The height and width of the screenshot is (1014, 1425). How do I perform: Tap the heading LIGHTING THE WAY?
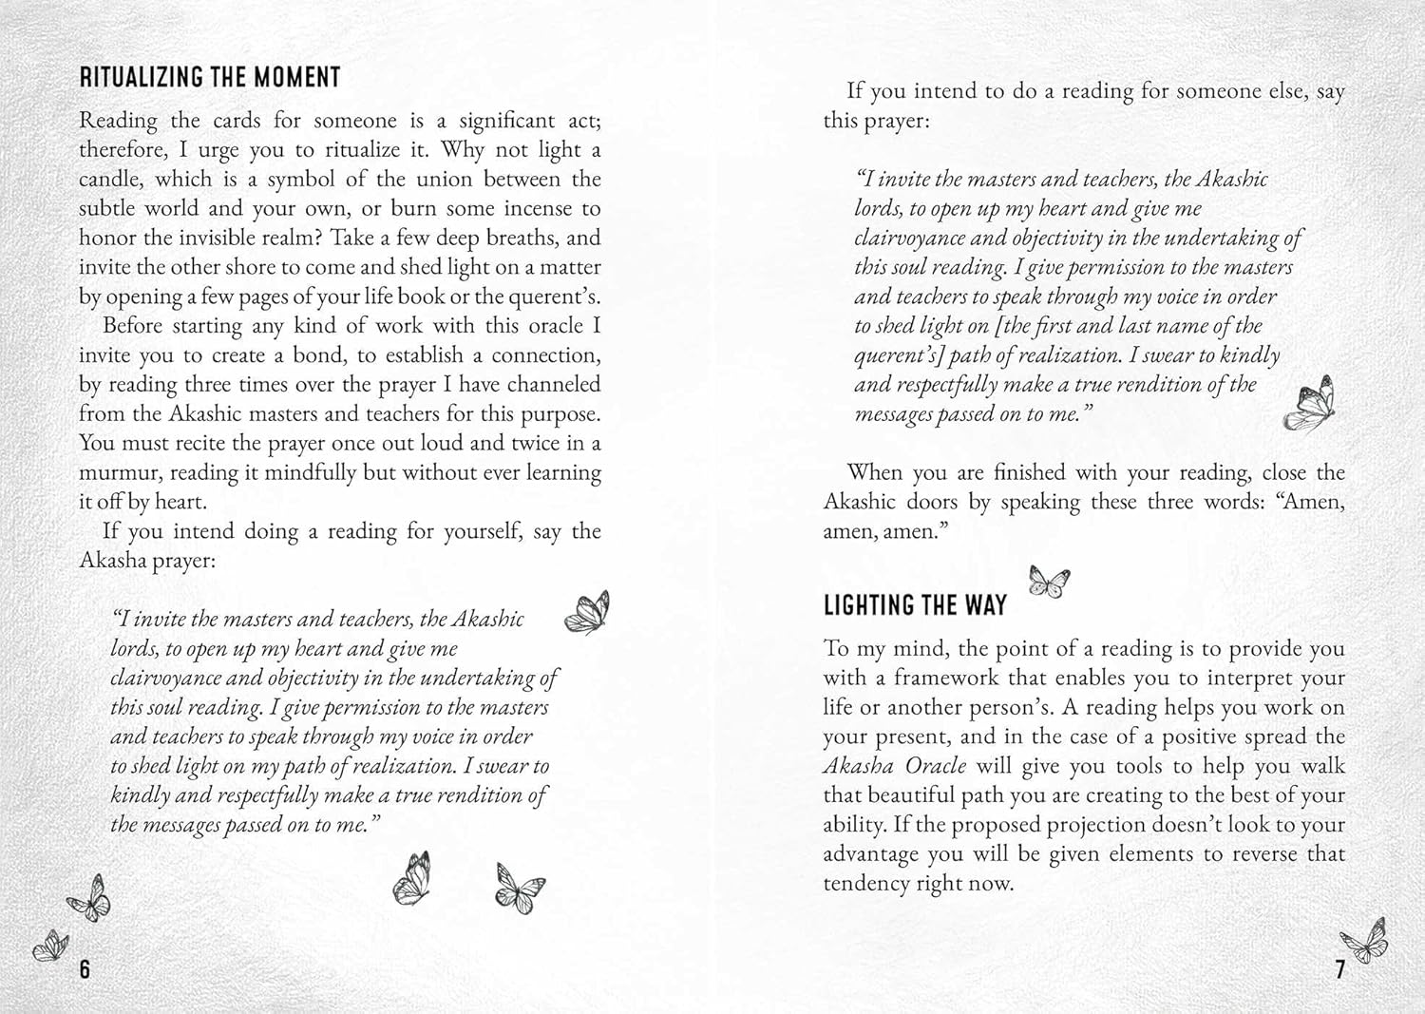[x=915, y=605]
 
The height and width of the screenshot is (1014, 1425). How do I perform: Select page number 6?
[x=85, y=968]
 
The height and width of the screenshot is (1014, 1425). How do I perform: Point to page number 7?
[x=1340, y=969]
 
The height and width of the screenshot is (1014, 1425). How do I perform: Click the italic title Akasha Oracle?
[x=894, y=766]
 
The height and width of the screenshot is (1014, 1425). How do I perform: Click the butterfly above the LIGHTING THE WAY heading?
[x=1049, y=581]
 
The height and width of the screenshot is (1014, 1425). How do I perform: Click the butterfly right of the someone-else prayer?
[x=1310, y=401]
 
